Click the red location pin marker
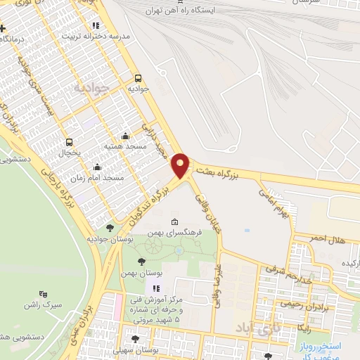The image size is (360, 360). [181, 165]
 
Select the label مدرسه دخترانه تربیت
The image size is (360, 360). [97, 35]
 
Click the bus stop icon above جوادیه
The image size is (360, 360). [138, 78]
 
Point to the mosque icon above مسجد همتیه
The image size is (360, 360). [125, 136]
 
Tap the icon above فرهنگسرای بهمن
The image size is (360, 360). [174, 223]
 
